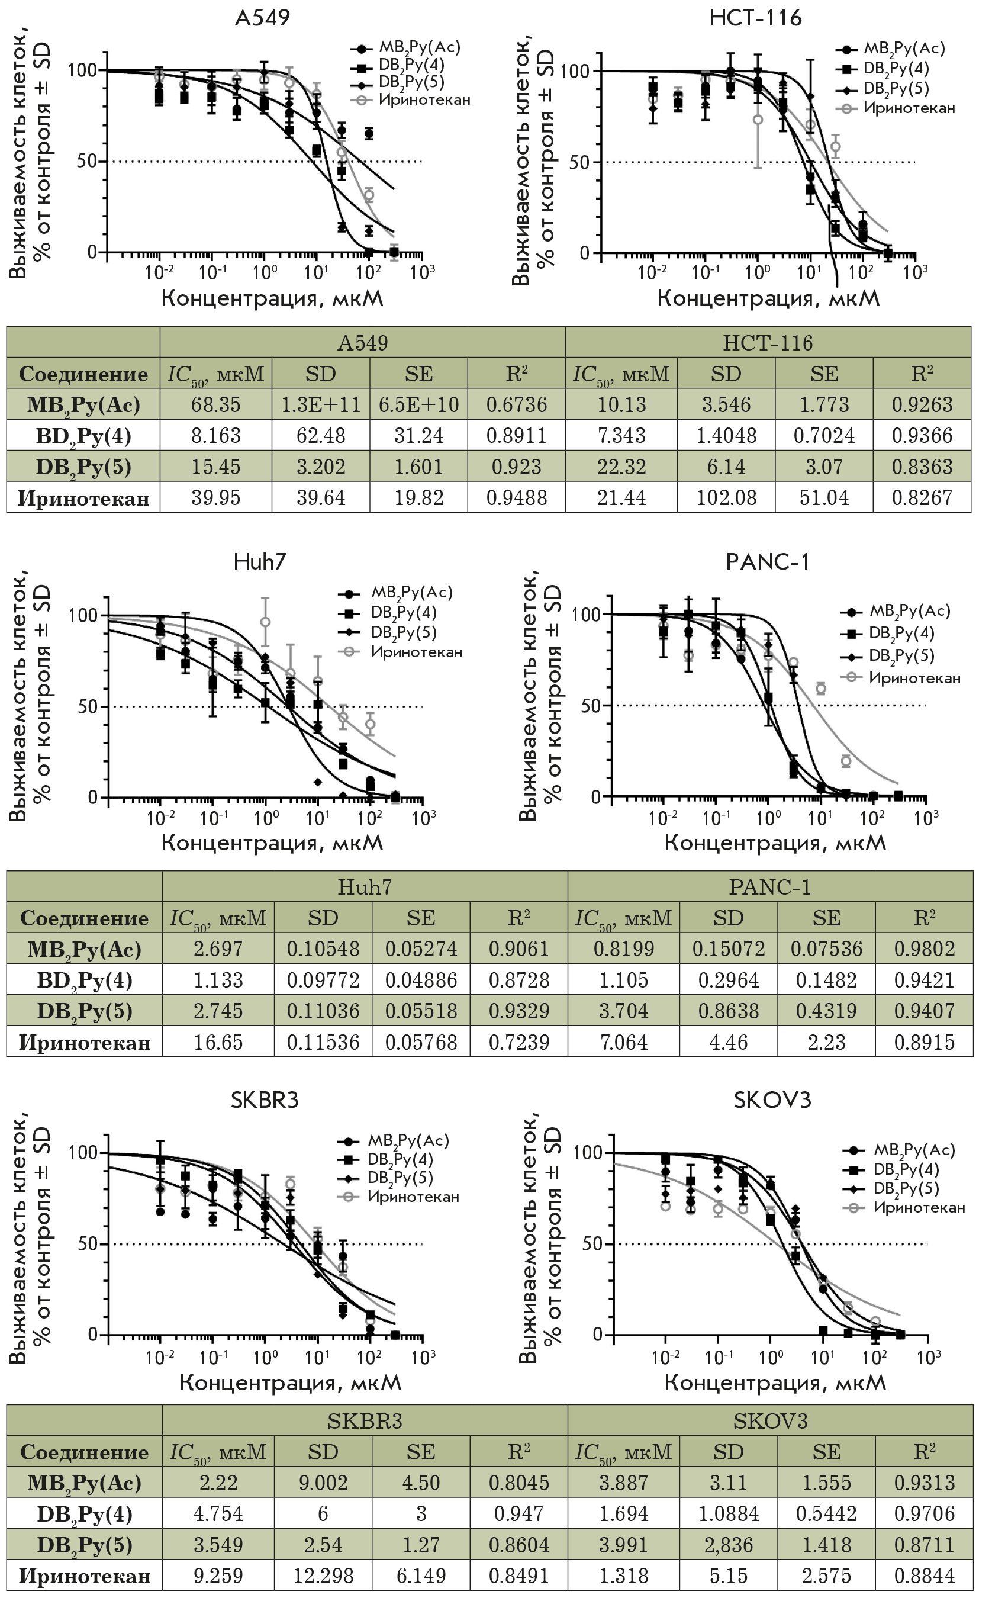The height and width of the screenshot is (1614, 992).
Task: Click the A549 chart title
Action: (262, 18)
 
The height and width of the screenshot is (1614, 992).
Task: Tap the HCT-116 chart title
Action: (755, 18)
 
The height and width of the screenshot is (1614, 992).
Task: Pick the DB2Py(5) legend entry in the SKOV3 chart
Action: (906, 1188)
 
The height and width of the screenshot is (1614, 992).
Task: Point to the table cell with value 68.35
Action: (216, 405)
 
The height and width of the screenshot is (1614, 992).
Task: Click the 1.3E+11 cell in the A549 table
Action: (321, 405)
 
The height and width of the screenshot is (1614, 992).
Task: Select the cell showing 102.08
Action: (726, 498)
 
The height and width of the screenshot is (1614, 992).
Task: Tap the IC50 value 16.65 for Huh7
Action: (218, 1042)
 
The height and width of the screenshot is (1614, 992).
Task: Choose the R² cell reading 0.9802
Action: (925, 949)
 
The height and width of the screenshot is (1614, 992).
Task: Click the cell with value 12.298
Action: (323, 1576)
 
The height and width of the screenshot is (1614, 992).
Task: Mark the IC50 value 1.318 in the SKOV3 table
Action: (623, 1576)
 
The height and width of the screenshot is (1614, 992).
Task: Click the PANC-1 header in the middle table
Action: (770, 887)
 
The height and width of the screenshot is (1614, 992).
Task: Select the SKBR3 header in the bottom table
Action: (365, 1420)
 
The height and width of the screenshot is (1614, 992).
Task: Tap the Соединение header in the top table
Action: (83, 374)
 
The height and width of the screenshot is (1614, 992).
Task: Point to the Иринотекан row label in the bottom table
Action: (85, 1576)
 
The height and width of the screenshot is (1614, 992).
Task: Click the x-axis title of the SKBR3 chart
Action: (290, 1382)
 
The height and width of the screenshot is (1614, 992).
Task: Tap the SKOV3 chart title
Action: (772, 1100)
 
